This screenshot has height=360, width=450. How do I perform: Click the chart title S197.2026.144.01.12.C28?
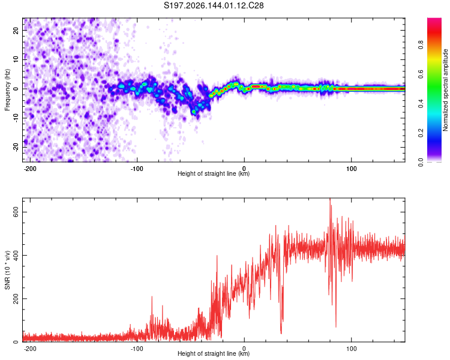pos(214,5)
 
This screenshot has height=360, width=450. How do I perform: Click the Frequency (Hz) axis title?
pos(7,90)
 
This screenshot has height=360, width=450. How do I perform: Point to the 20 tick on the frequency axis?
pos(16,30)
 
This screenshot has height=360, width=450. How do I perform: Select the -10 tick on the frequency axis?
pos(16,118)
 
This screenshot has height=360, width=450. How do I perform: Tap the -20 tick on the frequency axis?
pos(16,147)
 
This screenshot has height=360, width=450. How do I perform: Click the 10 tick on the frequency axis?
pos(16,59)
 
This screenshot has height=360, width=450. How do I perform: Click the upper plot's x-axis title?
pos(214,173)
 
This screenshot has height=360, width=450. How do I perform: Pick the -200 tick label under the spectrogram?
pos(29,169)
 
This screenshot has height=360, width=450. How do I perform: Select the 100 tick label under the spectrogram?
pos(351,169)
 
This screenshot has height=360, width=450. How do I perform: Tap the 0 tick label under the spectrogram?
pos(244,169)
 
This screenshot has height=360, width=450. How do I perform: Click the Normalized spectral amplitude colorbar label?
pos(445,90)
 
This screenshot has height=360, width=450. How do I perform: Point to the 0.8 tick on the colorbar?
pos(421,45)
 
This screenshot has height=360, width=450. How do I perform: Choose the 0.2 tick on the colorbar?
pos(421,133)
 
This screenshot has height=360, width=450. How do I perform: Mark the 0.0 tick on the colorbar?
pos(421,162)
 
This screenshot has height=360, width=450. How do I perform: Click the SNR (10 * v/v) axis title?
pos(7,270)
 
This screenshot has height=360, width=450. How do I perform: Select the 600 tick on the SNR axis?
pos(16,212)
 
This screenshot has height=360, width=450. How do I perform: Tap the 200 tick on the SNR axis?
pos(16,299)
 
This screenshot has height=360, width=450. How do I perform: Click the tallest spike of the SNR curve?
pos(330,199)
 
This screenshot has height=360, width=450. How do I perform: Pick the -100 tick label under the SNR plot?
pos(137,349)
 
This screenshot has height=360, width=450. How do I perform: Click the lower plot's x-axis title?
pos(214,353)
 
